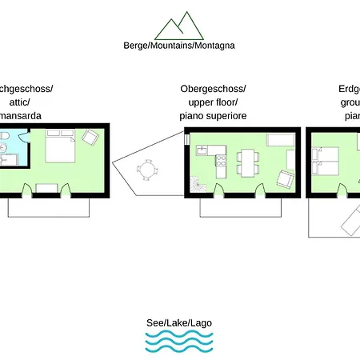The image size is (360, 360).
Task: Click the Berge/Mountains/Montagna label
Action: (179, 46)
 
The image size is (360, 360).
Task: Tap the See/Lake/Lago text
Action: (179, 323)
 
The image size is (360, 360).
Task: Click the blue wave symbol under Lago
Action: (179, 342)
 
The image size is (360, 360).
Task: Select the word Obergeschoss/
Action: (213, 88)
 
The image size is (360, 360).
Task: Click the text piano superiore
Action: (213, 117)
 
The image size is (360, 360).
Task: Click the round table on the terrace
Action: (147, 170)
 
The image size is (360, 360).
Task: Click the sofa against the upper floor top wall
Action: (280, 141)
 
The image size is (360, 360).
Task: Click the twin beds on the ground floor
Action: (327, 160)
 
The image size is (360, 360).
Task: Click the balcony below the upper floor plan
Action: (240, 207)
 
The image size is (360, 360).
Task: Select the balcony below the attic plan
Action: (48, 206)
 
